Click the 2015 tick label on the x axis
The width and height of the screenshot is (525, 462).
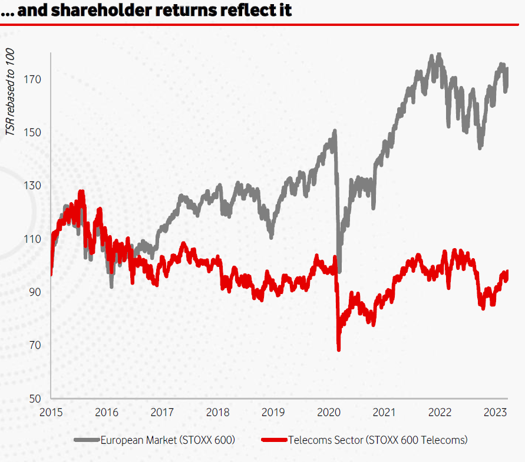click(51, 412)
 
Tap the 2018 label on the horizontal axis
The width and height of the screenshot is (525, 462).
click(218, 412)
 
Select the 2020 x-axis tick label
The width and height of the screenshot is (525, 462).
click(329, 412)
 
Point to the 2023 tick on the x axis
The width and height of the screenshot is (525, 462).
click(496, 412)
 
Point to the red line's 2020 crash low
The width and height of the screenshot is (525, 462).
click(339, 349)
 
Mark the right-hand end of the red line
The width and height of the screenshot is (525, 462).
click(507, 272)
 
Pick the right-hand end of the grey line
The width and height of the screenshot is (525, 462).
click(507, 70)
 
